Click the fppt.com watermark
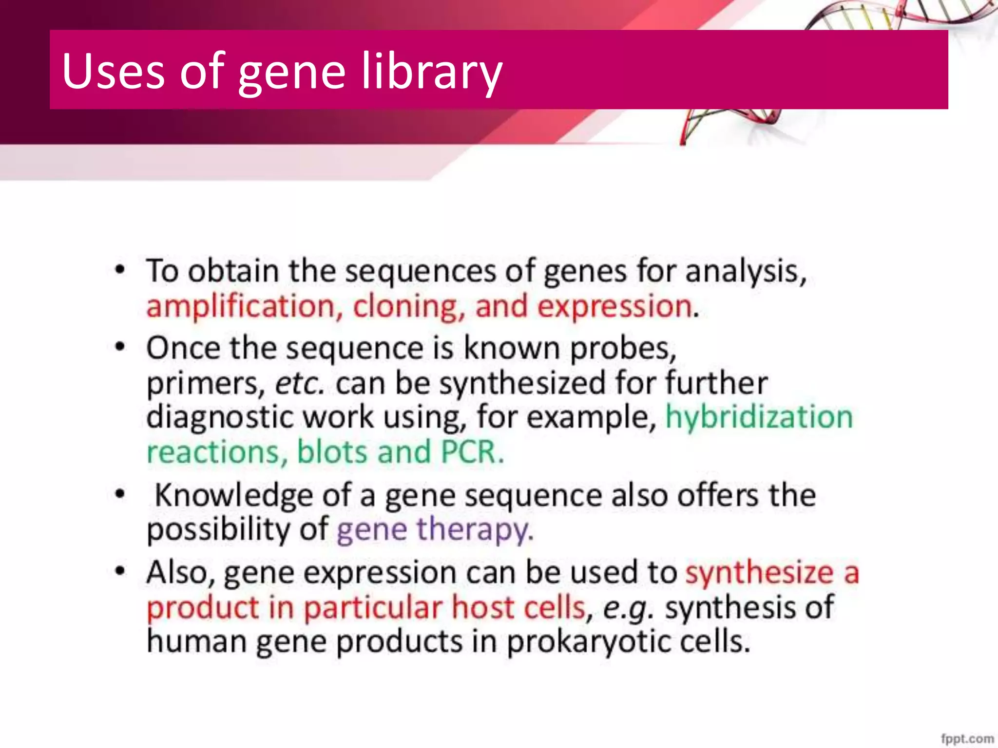[x=967, y=738]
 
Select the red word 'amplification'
[x=241, y=307]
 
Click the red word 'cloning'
[x=405, y=307]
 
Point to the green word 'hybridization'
[x=759, y=417]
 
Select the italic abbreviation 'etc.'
[x=299, y=384]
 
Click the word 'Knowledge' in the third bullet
[x=233, y=496]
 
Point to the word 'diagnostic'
[x=219, y=418]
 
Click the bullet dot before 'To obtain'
[x=120, y=269]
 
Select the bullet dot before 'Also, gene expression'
[x=120, y=571]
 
